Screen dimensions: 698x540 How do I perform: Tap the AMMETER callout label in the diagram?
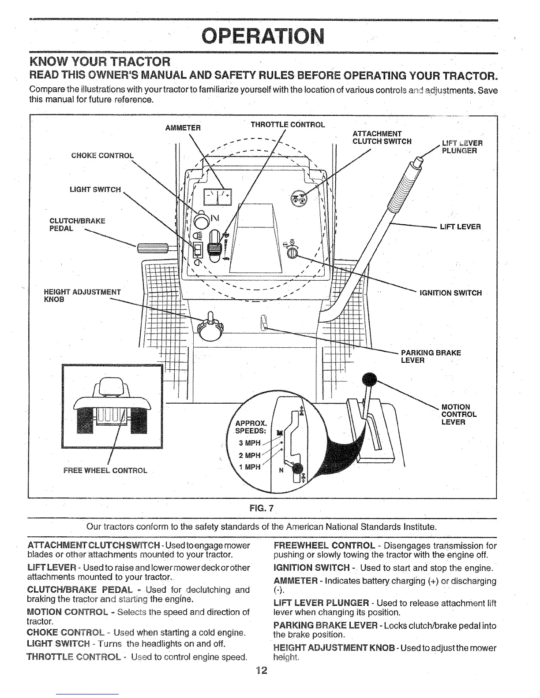(183, 128)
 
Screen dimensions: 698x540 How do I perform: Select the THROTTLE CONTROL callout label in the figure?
(288, 124)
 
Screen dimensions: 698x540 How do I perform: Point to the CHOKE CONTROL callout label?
(102, 155)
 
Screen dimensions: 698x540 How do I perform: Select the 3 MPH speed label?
(250, 443)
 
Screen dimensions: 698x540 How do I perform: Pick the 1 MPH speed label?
(250, 467)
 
